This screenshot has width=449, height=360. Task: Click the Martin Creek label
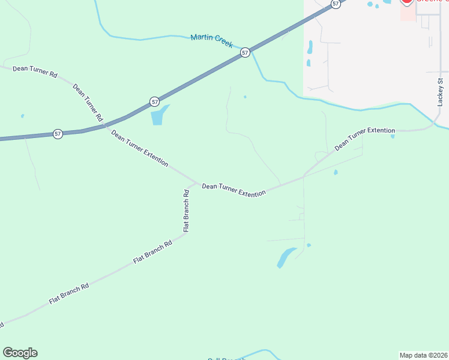211,41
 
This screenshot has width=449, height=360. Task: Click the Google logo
20,353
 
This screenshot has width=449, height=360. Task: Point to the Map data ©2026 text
423,355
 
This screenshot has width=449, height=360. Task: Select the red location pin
406,2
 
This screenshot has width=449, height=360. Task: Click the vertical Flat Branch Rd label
186,211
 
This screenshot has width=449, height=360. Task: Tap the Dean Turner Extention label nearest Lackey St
364,138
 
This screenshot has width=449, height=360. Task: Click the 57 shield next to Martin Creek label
245,53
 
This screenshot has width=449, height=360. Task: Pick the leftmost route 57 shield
58,134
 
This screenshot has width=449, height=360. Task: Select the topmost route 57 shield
336,4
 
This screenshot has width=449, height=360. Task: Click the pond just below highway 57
159,115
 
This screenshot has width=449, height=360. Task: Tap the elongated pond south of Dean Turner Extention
286,257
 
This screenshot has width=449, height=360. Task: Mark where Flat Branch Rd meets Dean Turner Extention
196,183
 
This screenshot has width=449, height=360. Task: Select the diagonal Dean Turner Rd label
88,103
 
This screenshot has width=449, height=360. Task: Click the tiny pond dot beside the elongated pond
309,245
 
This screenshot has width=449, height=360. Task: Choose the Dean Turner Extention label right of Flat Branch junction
234,190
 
